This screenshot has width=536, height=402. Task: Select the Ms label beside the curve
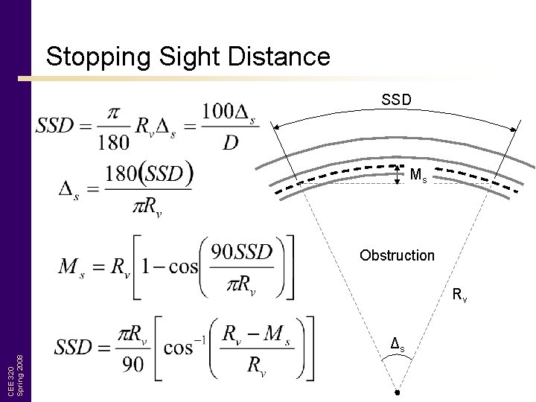tap(418, 175)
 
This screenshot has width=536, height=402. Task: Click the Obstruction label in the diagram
tap(397, 255)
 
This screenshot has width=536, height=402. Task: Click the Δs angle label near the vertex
tap(398, 345)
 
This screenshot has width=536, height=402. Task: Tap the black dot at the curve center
tap(398, 392)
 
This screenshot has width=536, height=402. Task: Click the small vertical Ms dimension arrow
tap(397, 173)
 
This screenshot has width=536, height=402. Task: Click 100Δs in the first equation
tap(229, 112)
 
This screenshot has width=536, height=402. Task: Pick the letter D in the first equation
tap(231, 141)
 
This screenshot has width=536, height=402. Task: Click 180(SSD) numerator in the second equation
tap(149, 175)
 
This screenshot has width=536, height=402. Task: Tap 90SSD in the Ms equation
tap(242, 252)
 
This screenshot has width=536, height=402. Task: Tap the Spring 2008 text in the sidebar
tap(20, 374)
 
